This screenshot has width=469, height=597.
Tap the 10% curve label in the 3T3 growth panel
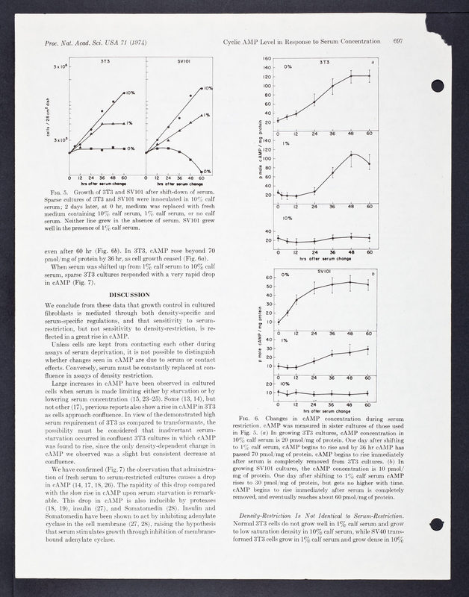coord(130,93)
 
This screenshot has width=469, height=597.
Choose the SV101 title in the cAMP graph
coord(325,272)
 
